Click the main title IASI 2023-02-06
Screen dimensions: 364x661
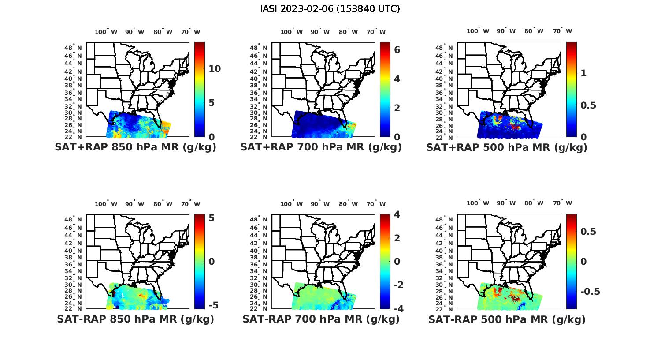point(330,9)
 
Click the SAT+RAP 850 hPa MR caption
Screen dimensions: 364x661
point(135,147)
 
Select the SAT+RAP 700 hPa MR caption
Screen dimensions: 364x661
point(321,147)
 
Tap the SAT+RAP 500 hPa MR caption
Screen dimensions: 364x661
point(506,147)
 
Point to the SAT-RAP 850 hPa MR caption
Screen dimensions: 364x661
point(135,319)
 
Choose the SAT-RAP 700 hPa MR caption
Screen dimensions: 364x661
point(321,319)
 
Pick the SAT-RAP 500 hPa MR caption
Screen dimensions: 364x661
point(506,319)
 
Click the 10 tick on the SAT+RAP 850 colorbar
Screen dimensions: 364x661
point(215,69)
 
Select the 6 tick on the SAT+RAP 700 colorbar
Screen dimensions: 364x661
point(397,49)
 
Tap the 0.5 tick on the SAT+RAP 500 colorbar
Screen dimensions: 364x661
point(589,105)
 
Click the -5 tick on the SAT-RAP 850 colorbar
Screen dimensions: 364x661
point(212,305)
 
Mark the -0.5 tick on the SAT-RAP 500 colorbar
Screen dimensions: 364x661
point(590,292)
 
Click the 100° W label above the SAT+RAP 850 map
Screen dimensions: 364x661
point(106,32)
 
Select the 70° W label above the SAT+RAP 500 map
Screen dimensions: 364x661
point(562,31)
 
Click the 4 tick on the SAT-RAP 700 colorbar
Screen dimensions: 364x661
point(397,214)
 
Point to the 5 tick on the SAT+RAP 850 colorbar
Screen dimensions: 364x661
point(212,103)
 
